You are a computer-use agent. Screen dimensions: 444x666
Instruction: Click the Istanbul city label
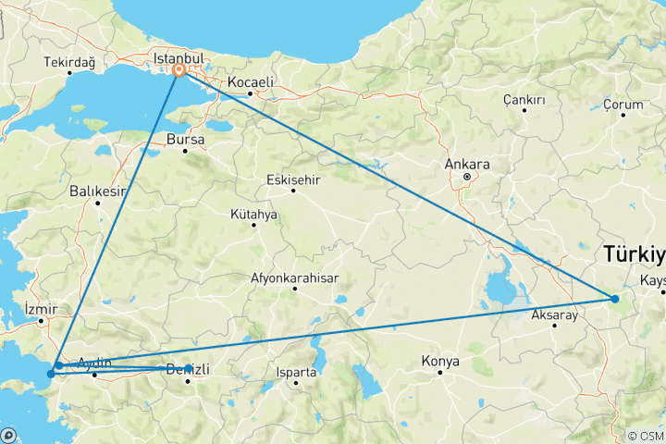185,57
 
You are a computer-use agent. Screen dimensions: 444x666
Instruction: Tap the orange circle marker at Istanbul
178,68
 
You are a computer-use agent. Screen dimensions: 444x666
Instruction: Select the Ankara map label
467,165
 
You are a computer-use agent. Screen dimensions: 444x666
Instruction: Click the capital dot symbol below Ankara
467,177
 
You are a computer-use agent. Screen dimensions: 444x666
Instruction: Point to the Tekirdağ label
69,62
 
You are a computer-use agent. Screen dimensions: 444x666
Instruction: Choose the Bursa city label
183,140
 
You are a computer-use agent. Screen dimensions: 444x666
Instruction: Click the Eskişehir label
292,179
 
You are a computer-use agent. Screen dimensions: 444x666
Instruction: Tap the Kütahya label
253,215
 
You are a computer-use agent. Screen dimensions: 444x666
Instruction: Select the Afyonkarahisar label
295,277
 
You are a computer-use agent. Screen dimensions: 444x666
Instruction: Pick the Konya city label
440,360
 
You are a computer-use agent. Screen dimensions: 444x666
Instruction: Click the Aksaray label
554,315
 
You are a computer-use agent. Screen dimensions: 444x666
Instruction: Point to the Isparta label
296,372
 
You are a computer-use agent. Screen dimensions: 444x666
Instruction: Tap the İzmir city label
42,308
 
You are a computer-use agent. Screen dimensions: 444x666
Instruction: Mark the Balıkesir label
97,191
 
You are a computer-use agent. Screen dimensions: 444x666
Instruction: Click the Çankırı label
524,99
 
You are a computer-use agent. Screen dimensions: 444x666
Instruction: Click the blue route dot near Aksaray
614,298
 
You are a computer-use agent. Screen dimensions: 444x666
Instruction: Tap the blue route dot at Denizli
188,368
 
